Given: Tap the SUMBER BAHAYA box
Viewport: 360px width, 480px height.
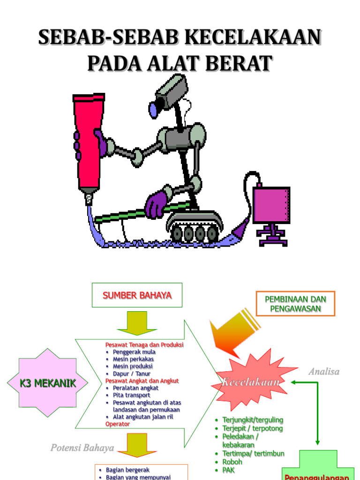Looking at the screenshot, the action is click(137, 295).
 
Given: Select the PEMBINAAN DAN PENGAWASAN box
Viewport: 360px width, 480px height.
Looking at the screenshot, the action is click(295, 304).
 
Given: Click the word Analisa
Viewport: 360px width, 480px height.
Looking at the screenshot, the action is click(323, 372).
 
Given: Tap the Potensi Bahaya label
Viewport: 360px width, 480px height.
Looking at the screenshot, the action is click(82, 448).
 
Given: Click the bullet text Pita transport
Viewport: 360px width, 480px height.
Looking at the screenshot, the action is click(131, 395).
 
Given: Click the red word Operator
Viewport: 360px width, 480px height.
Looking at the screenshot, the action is click(118, 424).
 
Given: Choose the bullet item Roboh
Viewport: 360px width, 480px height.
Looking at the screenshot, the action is click(232, 462).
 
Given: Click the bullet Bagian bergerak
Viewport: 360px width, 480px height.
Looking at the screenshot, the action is click(127, 470).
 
